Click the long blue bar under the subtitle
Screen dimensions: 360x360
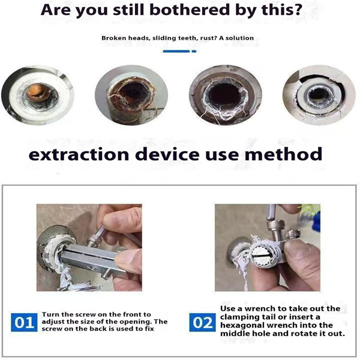pyautogui.click(x=176, y=51)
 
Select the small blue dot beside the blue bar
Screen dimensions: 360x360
pyautogui.click(x=194, y=51)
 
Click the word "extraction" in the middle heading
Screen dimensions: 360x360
pyautogui.click(x=79, y=154)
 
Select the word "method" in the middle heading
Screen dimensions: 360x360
pyautogui.click(x=283, y=154)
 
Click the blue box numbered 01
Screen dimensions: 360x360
pyautogui.click(x=24, y=322)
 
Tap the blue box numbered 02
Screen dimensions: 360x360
pyautogui.click(x=203, y=322)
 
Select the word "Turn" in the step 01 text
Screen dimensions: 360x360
pyautogui.click(x=49, y=314)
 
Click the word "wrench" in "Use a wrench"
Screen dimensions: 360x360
pyautogui.click(x=263, y=308)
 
